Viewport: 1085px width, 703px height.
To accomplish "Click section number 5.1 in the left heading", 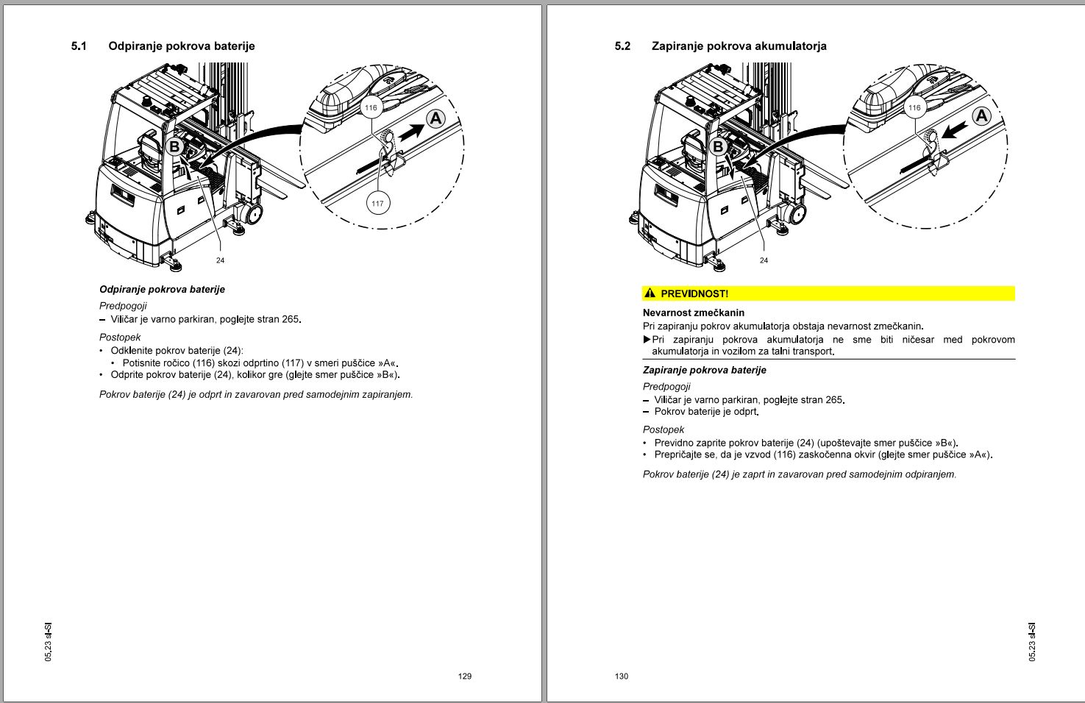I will coord(79,46).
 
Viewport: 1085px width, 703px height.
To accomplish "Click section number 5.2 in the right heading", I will coord(622,46).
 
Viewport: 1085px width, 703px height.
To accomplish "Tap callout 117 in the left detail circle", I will coord(377,204).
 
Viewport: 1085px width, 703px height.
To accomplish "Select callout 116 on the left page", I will coord(371,108).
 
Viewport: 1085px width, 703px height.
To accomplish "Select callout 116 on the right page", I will coord(914,108).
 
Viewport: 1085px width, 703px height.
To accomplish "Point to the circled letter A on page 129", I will coord(436,118).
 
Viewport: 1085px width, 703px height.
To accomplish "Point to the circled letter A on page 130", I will coord(981,116).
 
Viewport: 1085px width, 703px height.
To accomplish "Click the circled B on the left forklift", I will coord(174,146).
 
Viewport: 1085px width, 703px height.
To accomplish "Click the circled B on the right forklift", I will coord(719,146).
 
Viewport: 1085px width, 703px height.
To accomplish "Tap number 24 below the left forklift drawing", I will coord(220,260).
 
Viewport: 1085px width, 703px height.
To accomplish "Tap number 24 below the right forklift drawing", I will coord(764,260).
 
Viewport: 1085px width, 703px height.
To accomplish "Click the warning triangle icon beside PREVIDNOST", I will coord(650,293).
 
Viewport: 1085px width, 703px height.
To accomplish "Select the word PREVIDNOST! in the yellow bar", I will coord(694,293).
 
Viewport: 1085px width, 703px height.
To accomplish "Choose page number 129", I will coord(464,676).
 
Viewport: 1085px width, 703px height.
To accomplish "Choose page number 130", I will coord(622,676).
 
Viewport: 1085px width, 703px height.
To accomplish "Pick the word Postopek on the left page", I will coord(120,338).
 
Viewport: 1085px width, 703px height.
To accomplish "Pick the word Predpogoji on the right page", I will coord(666,386).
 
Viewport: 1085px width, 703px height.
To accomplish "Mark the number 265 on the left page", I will coord(291,319).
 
